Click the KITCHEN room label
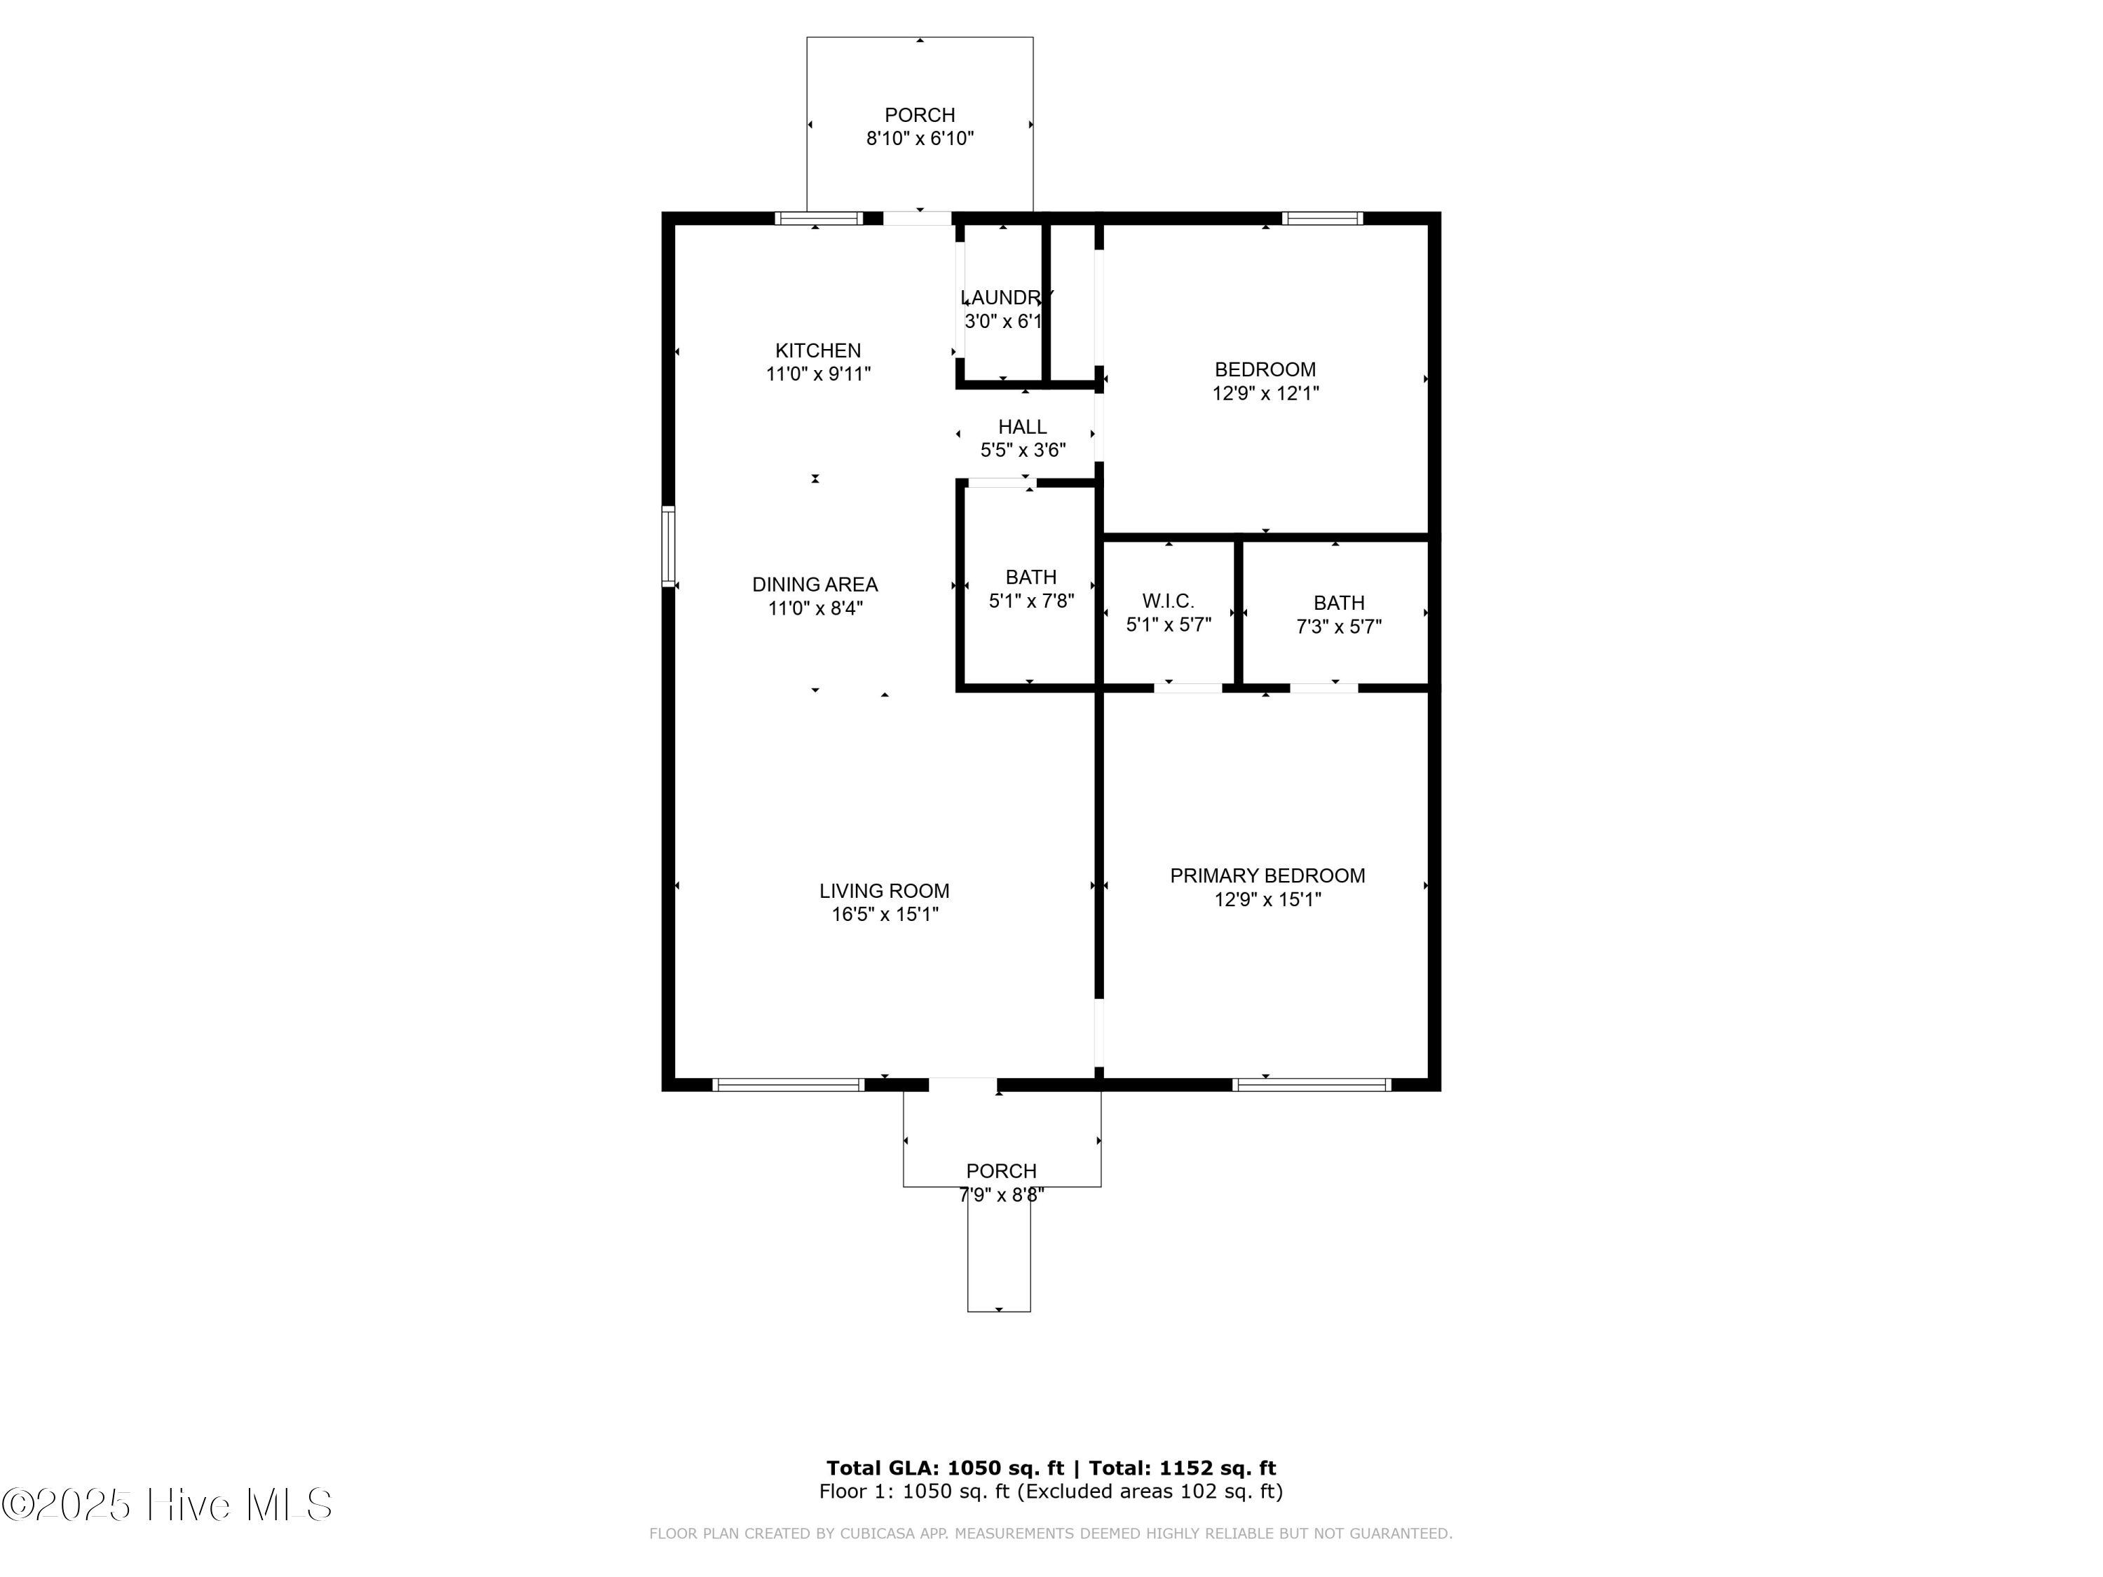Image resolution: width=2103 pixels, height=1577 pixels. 817,350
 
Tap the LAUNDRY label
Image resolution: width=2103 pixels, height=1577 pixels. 1006,298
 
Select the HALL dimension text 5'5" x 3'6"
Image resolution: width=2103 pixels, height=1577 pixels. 1023,451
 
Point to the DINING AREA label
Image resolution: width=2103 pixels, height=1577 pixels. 815,585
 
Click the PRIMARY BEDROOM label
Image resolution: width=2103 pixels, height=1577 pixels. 1267,875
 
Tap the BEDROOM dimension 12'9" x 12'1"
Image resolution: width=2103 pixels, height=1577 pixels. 1265,393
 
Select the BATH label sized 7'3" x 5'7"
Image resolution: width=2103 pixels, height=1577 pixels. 1339,603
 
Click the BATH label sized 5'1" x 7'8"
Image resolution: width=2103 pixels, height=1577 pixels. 1030,577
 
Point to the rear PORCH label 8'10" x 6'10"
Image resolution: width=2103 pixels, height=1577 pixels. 919,115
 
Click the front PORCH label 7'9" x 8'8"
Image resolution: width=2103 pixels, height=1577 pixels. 1001,1171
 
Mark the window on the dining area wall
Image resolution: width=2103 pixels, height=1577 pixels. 668,547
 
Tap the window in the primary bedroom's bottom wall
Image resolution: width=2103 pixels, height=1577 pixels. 1311,1084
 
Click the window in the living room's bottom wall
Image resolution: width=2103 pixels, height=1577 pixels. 788,1084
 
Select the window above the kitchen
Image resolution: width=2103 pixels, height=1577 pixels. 819,219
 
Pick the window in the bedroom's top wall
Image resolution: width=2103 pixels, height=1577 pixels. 1321,219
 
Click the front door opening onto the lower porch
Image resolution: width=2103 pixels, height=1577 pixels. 962,1084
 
